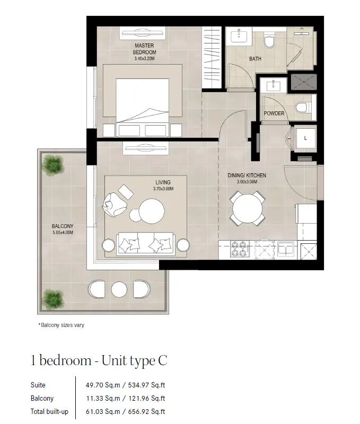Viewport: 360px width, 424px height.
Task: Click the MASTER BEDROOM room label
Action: point(144,49)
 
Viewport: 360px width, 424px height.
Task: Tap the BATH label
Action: point(255,59)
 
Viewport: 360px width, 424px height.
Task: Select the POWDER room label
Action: point(274,113)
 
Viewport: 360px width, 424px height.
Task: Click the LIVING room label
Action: point(163,182)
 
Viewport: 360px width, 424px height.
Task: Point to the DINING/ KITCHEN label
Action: point(247,175)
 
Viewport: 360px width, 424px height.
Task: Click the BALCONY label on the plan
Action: point(63,226)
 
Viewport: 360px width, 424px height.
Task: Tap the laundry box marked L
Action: point(305,138)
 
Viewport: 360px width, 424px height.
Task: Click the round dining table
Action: point(247,208)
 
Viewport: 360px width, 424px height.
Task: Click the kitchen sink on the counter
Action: point(286,249)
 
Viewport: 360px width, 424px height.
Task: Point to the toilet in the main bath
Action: point(269,40)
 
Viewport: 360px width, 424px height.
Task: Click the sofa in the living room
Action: point(146,243)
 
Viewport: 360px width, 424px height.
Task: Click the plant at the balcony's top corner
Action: point(53,165)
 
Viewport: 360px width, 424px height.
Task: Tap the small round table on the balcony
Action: point(119,289)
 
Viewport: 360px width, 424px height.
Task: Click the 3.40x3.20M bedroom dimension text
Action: point(144,58)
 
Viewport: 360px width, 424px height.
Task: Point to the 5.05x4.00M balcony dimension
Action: point(63,233)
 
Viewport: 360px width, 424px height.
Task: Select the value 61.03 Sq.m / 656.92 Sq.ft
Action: point(126,412)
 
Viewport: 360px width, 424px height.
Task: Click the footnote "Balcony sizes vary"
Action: point(62,325)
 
